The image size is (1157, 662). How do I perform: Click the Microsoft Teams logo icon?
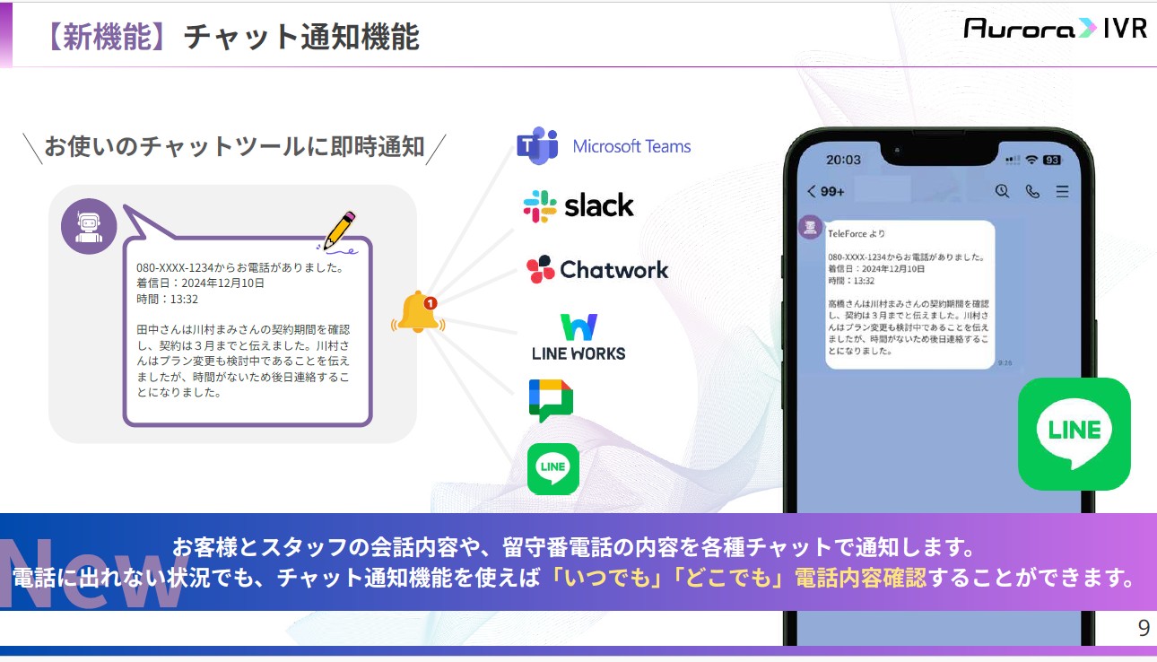pyautogui.click(x=538, y=145)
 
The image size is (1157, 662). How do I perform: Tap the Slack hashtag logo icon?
pyautogui.click(x=540, y=206)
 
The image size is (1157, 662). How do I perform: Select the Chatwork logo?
pyautogui.click(x=597, y=269)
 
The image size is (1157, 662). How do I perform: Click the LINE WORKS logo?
pyautogui.click(x=578, y=337)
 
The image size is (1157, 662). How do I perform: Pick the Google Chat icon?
pyautogui.click(x=551, y=400)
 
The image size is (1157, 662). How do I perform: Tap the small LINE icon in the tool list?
pyautogui.click(x=553, y=469)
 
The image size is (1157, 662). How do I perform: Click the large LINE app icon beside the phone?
pyautogui.click(x=1074, y=434)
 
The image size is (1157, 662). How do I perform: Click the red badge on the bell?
pyautogui.click(x=431, y=303)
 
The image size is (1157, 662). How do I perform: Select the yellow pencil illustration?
pyautogui.click(x=339, y=231)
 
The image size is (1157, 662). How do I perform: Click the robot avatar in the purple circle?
pyautogui.click(x=89, y=226)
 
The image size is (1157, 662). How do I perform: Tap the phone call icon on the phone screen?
pyautogui.click(x=1032, y=192)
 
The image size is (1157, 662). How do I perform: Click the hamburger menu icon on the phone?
pyautogui.click(x=1063, y=192)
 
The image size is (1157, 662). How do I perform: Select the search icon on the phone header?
pyautogui.click(x=1002, y=191)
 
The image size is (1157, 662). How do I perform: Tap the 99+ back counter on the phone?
pyautogui.click(x=826, y=192)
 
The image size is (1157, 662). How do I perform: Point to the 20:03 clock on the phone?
pyautogui.click(x=843, y=160)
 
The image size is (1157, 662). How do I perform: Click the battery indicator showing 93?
pyautogui.click(x=1052, y=161)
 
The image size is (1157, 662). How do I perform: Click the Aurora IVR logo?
pyautogui.click(x=1056, y=28)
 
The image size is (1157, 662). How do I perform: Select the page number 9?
pyautogui.click(x=1144, y=628)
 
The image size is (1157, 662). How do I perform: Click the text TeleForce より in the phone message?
pyautogui.click(x=857, y=233)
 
